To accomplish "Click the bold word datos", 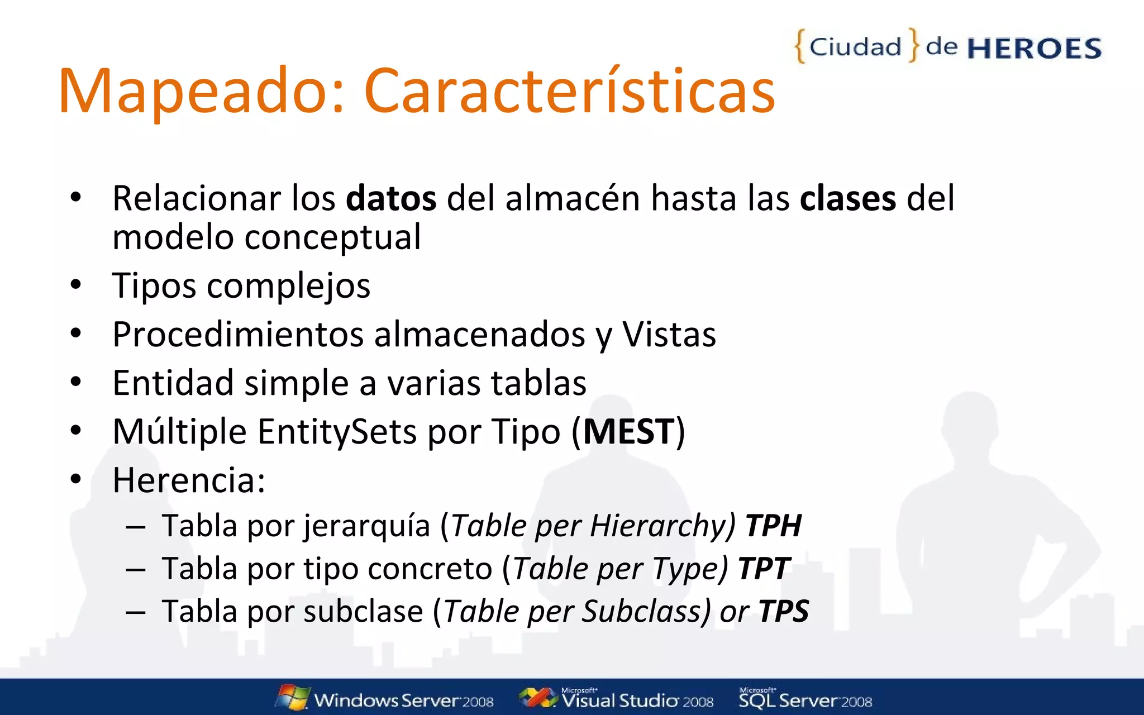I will pyautogui.click(x=391, y=198).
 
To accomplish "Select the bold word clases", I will pyautogui.click(x=847, y=198).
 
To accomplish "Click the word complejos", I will pyautogui.click(x=288, y=287).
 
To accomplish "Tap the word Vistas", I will pyautogui.click(x=669, y=335).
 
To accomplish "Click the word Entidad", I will pyautogui.click(x=173, y=383).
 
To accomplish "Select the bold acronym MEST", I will pyautogui.click(x=629, y=432).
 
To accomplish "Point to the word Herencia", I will pyautogui.click(x=188, y=480).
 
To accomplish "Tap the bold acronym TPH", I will pyautogui.click(x=773, y=526).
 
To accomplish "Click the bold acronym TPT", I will pyautogui.click(x=763, y=569).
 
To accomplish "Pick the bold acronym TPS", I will pyautogui.click(x=783, y=611).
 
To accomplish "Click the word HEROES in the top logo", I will pyautogui.click(x=1034, y=49).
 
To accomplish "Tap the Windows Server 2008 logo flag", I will pyautogui.click(x=293, y=697).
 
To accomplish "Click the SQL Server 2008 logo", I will pyautogui.click(x=805, y=699).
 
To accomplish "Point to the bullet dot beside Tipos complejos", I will pyautogui.click(x=76, y=285).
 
